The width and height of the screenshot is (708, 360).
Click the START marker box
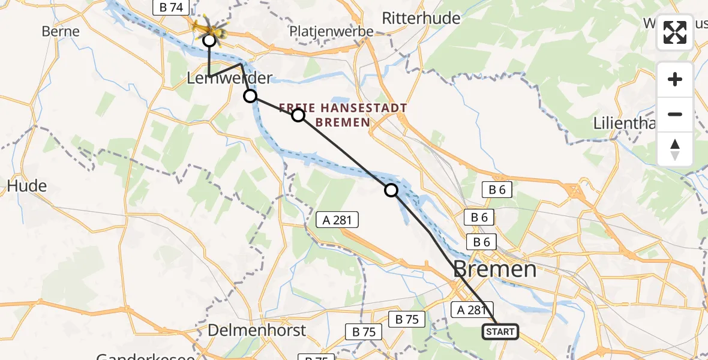[x=500, y=331]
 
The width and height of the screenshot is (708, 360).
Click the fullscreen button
[x=675, y=32]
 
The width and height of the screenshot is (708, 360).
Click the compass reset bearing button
[x=675, y=149]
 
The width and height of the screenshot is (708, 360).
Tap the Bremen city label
[x=495, y=269]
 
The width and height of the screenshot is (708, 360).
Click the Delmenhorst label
[x=257, y=330]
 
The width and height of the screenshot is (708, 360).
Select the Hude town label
[x=26, y=186]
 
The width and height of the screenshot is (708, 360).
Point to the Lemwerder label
[x=230, y=78]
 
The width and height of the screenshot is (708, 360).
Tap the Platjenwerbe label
[x=331, y=32]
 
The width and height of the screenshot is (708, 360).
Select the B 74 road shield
[x=171, y=7]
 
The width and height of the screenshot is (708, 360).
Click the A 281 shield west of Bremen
[x=337, y=220]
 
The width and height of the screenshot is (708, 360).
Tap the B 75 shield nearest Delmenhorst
[x=364, y=331]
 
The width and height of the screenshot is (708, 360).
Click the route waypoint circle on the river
[x=391, y=190]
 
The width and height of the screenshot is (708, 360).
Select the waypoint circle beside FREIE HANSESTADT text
[x=298, y=115]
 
